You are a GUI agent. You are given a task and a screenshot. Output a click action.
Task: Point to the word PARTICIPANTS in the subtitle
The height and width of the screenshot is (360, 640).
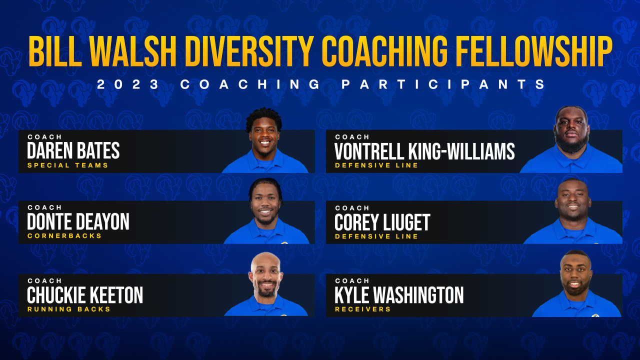[x=443, y=84]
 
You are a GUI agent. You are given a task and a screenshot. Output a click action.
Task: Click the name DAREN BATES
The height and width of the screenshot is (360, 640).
[x=73, y=150]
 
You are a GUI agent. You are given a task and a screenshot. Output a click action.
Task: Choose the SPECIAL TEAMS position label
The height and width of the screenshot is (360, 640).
[x=67, y=165]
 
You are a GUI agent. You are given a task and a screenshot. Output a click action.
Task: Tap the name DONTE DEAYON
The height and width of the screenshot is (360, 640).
[x=78, y=221]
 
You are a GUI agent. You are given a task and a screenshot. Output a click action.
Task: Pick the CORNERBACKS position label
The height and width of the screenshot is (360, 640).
[x=64, y=236]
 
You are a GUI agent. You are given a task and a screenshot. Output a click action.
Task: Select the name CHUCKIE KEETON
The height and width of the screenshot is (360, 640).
[x=85, y=295]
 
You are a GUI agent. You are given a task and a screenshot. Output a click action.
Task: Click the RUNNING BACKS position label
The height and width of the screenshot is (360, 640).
[x=69, y=309]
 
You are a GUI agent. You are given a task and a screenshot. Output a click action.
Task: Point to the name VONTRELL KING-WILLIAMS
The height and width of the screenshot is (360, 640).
[x=424, y=150]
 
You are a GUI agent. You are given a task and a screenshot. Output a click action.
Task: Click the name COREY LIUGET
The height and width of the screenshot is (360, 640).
[x=382, y=222]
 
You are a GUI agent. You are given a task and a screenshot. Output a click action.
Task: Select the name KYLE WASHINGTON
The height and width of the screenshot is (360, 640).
[x=399, y=295]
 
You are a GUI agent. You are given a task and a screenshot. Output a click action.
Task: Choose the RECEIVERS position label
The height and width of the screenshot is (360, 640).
[x=363, y=309]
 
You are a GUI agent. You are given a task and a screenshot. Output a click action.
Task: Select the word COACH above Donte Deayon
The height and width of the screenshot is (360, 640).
[x=44, y=207]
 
